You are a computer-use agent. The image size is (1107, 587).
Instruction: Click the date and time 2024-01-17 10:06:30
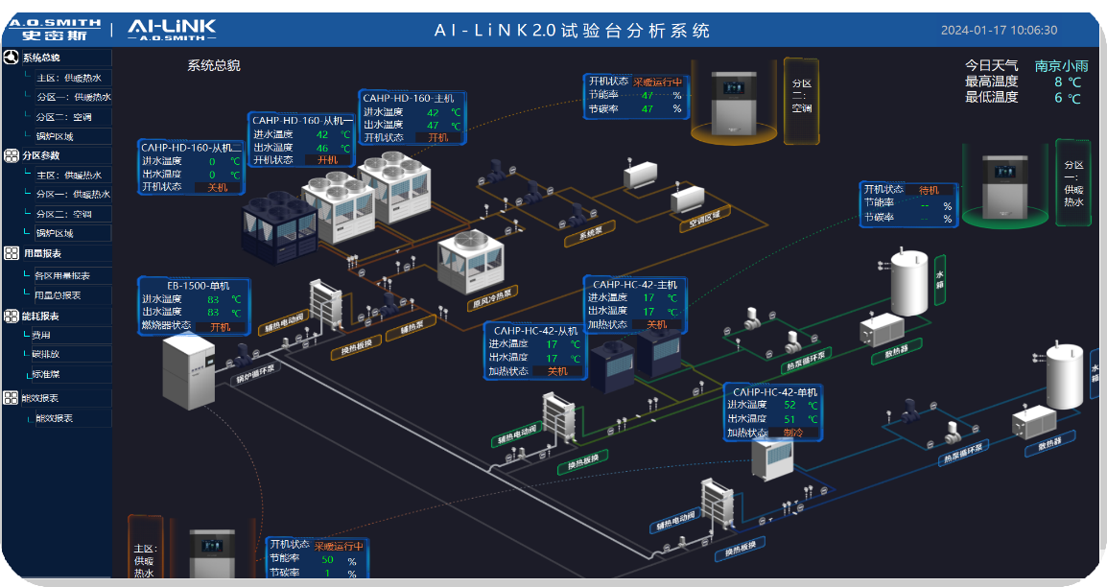click(x=999, y=30)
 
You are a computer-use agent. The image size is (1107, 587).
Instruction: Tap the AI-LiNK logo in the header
click(x=172, y=30)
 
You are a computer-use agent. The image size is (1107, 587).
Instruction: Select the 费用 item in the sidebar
click(x=41, y=336)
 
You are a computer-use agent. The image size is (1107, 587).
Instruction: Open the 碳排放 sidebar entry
click(x=46, y=355)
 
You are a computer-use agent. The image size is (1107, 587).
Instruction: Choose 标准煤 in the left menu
click(x=46, y=374)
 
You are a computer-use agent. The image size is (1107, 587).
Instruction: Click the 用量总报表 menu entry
click(x=58, y=295)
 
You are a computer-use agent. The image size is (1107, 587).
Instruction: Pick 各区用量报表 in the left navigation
click(x=61, y=275)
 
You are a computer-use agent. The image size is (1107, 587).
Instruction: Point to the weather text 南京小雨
click(x=1061, y=66)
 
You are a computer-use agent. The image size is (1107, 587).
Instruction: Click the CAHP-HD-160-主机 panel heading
click(x=408, y=98)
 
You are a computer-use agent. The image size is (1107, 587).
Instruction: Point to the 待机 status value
click(x=929, y=190)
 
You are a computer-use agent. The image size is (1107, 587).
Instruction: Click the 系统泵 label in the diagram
click(x=581, y=235)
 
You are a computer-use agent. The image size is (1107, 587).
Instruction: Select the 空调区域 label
click(x=704, y=222)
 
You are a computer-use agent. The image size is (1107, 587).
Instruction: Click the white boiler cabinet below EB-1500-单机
click(x=188, y=370)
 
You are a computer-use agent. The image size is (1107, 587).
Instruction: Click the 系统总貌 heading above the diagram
click(x=214, y=66)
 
